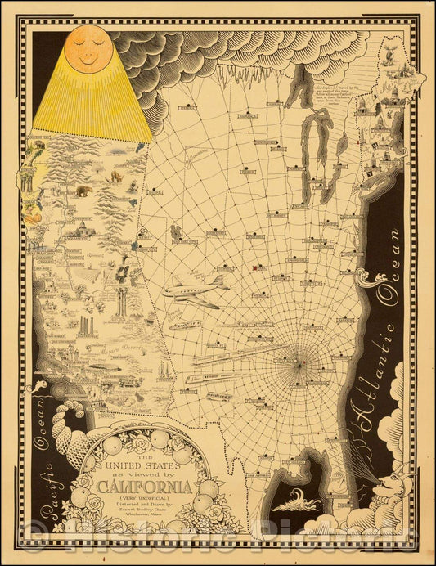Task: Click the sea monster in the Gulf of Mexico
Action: click(x=297, y=501)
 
